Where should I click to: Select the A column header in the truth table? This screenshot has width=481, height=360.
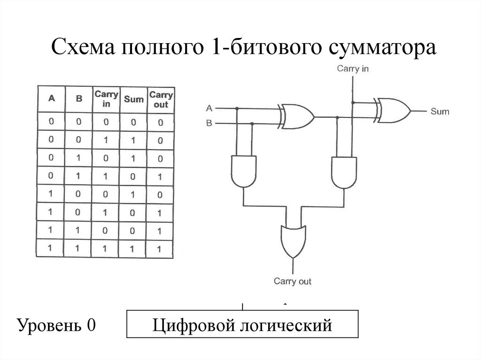point(51,99)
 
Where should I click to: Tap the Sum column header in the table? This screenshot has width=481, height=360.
point(133,99)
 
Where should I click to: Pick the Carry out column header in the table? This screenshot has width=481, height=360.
point(161,99)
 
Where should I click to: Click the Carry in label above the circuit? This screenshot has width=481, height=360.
point(353,69)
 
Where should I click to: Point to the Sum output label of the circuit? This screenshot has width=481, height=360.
point(440,112)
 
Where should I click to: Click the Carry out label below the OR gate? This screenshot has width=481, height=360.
point(292,282)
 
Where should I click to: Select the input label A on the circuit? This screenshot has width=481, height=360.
point(209,108)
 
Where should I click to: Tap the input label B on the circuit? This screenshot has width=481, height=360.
point(209,123)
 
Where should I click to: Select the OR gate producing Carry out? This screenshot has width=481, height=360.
point(293,240)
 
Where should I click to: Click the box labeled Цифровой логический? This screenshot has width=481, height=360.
point(242,324)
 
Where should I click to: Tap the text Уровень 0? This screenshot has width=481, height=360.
point(56,324)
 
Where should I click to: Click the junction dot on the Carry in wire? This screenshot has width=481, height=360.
point(353,102)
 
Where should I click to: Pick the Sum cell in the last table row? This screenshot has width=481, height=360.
point(133,247)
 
